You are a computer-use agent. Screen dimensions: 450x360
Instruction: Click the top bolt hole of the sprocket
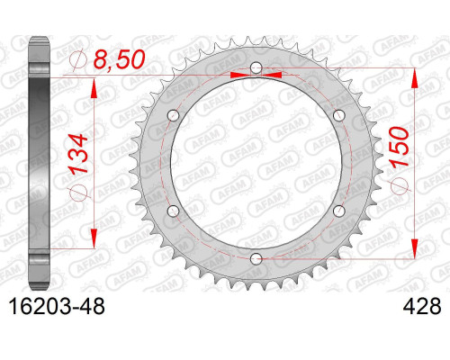pyautogui.click(x=256, y=67)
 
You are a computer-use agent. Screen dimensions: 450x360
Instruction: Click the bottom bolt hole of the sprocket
pyautogui.click(x=256, y=259)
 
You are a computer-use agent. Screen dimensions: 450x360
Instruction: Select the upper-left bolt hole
pyautogui.click(x=173, y=115)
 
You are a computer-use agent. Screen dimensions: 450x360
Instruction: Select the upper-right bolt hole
pyautogui.click(x=339, y=115)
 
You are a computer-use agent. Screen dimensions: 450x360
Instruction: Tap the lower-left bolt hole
pyautogui.click(x=173, y=211)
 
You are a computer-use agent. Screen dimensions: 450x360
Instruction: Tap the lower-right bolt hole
pyautogui.click(x=339, y=211)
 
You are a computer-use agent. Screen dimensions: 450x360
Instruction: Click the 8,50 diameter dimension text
pyautogui.click(x=119, y=59)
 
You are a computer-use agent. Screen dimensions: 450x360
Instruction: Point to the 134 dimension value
pyautogui.click(x=79, y=154)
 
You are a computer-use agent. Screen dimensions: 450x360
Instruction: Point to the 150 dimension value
pyautogui.click(x=399, y=147)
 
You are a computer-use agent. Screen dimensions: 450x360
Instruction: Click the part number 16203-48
pyautogui.click(x=58, y=306)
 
